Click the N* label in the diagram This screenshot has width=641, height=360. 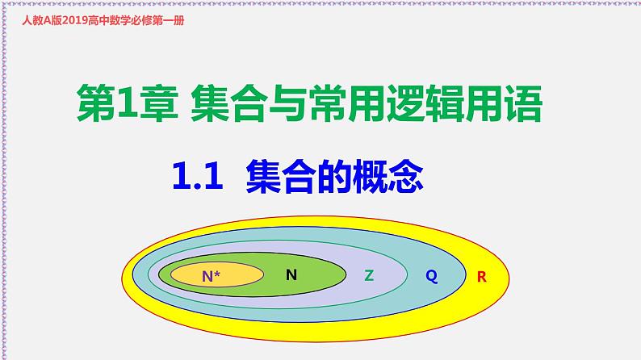[211, 276]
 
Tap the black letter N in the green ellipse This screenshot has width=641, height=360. [291, 274]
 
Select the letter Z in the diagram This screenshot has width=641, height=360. [369, 274]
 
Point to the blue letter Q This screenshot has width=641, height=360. [431, 276]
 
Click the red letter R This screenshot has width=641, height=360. [482, 277]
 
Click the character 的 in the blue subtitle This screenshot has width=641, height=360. [331, 174]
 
